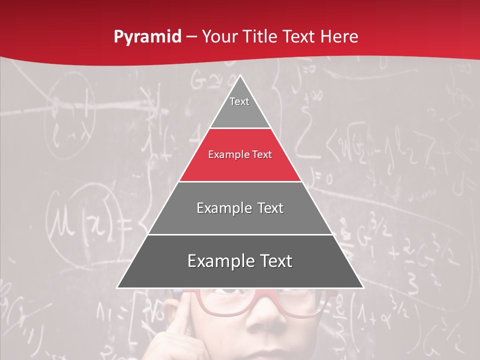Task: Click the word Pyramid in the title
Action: [x=147, y=37]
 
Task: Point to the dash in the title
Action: [x=191, y=37]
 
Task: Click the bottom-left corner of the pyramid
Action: [x=117, y=288]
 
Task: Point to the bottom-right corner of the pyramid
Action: [x=363, y=288]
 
